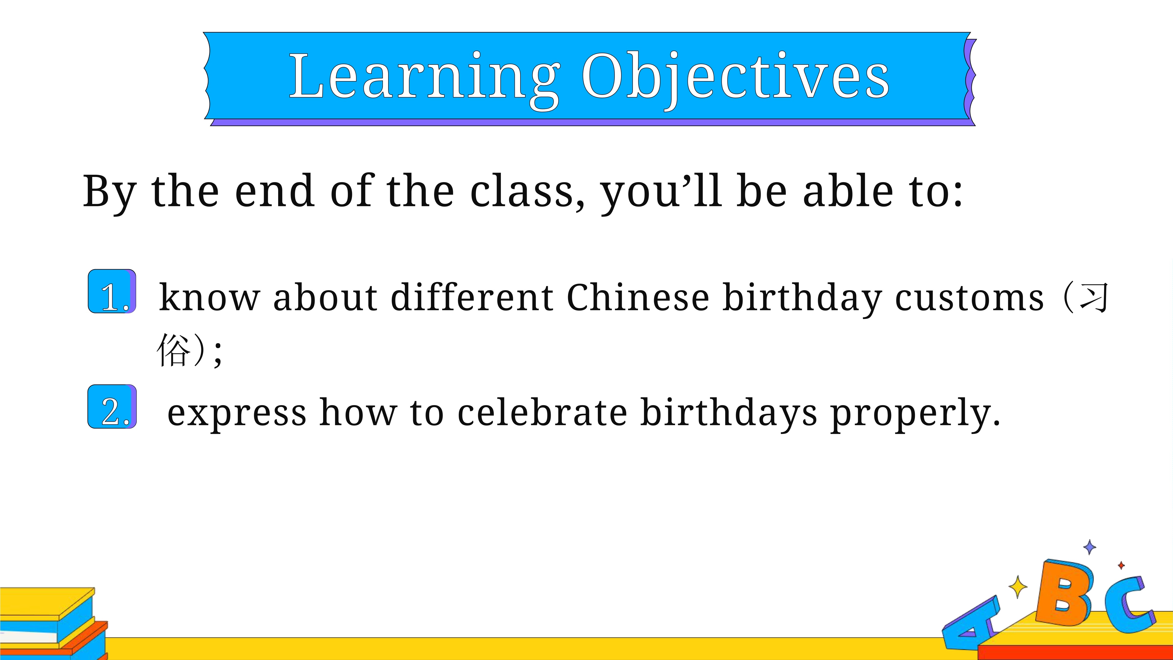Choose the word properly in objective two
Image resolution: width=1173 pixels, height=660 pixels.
(915, 415)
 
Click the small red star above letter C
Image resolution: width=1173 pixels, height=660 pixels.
(1121, 565)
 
